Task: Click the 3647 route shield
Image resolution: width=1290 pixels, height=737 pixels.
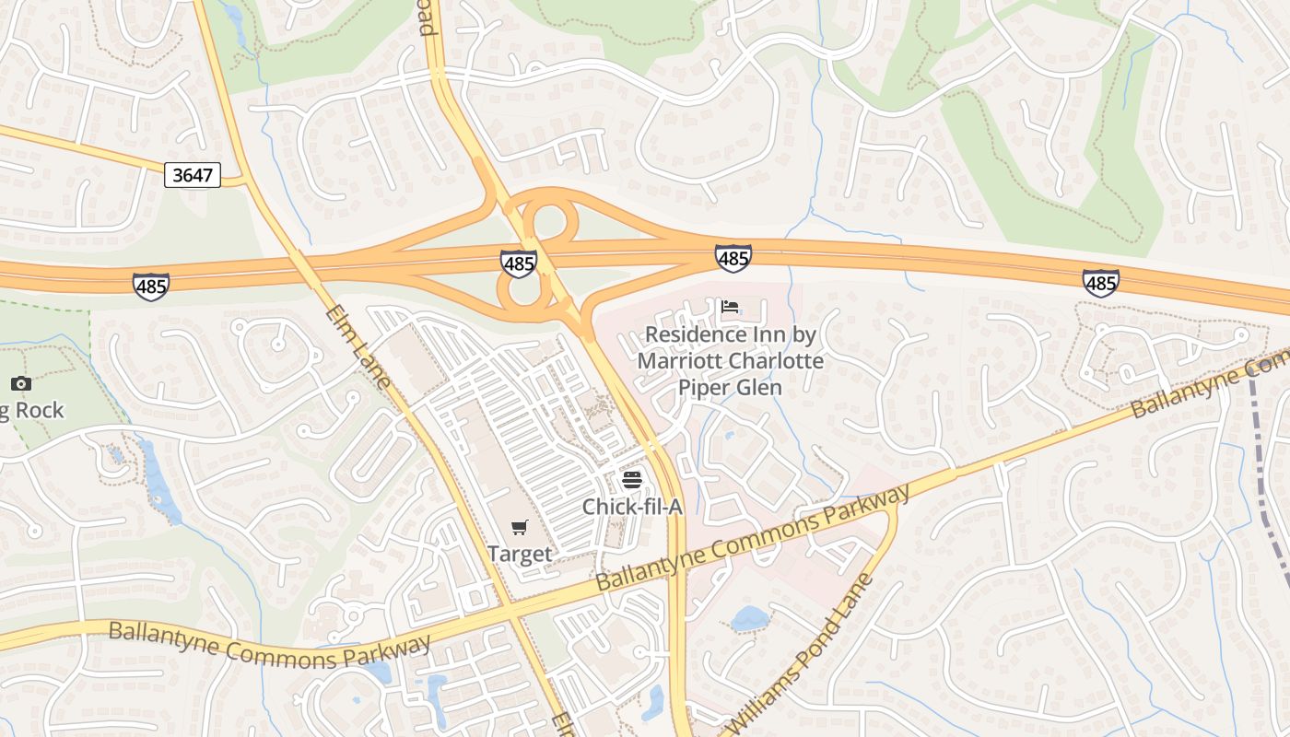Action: pyautogui.click(x=193, y=174)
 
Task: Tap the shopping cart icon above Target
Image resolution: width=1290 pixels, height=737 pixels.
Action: pyautogui.click(x=520, y=527)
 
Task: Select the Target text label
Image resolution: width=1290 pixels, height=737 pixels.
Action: pyautogui.click(x=520, y=554)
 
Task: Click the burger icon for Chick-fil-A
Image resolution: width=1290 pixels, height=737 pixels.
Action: pyautogui.click(x=631, y=479)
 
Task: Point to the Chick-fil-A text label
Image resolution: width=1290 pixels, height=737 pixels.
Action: pyautogui.click(x=631, y=507)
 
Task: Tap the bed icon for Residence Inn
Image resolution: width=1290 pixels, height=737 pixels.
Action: pyautogui.click(x=730, y=307)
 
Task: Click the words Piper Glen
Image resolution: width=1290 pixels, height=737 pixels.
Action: pyautogui.click(x=730, y=387)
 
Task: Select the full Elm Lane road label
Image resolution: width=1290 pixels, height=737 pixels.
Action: pyautogui.click(x=358, y=345)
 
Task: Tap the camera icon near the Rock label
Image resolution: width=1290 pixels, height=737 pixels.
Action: pyautogui.click(x=21, y=383)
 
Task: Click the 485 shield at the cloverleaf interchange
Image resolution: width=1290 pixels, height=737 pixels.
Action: pyautogui.click(x=519, y=264)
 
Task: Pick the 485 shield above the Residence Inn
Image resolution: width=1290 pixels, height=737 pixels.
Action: pyautogui.click(x=733, y=258)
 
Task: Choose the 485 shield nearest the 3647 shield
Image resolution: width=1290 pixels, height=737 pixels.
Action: pyautogui.click(x=150, y=286)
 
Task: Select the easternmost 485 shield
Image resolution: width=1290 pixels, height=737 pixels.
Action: pyautogui.click(x=1101, y=283)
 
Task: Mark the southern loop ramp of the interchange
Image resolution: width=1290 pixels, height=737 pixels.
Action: pyautogui.click(x=523, y=293)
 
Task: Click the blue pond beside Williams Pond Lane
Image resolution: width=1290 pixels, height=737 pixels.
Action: pyautogui.click(x=749, y=618)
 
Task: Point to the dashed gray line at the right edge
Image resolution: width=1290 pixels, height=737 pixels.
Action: pyautogui.click(x=1267, y=479)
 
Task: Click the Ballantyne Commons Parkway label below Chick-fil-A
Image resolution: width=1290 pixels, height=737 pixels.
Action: pyautogui.click(x=754, y=538)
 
